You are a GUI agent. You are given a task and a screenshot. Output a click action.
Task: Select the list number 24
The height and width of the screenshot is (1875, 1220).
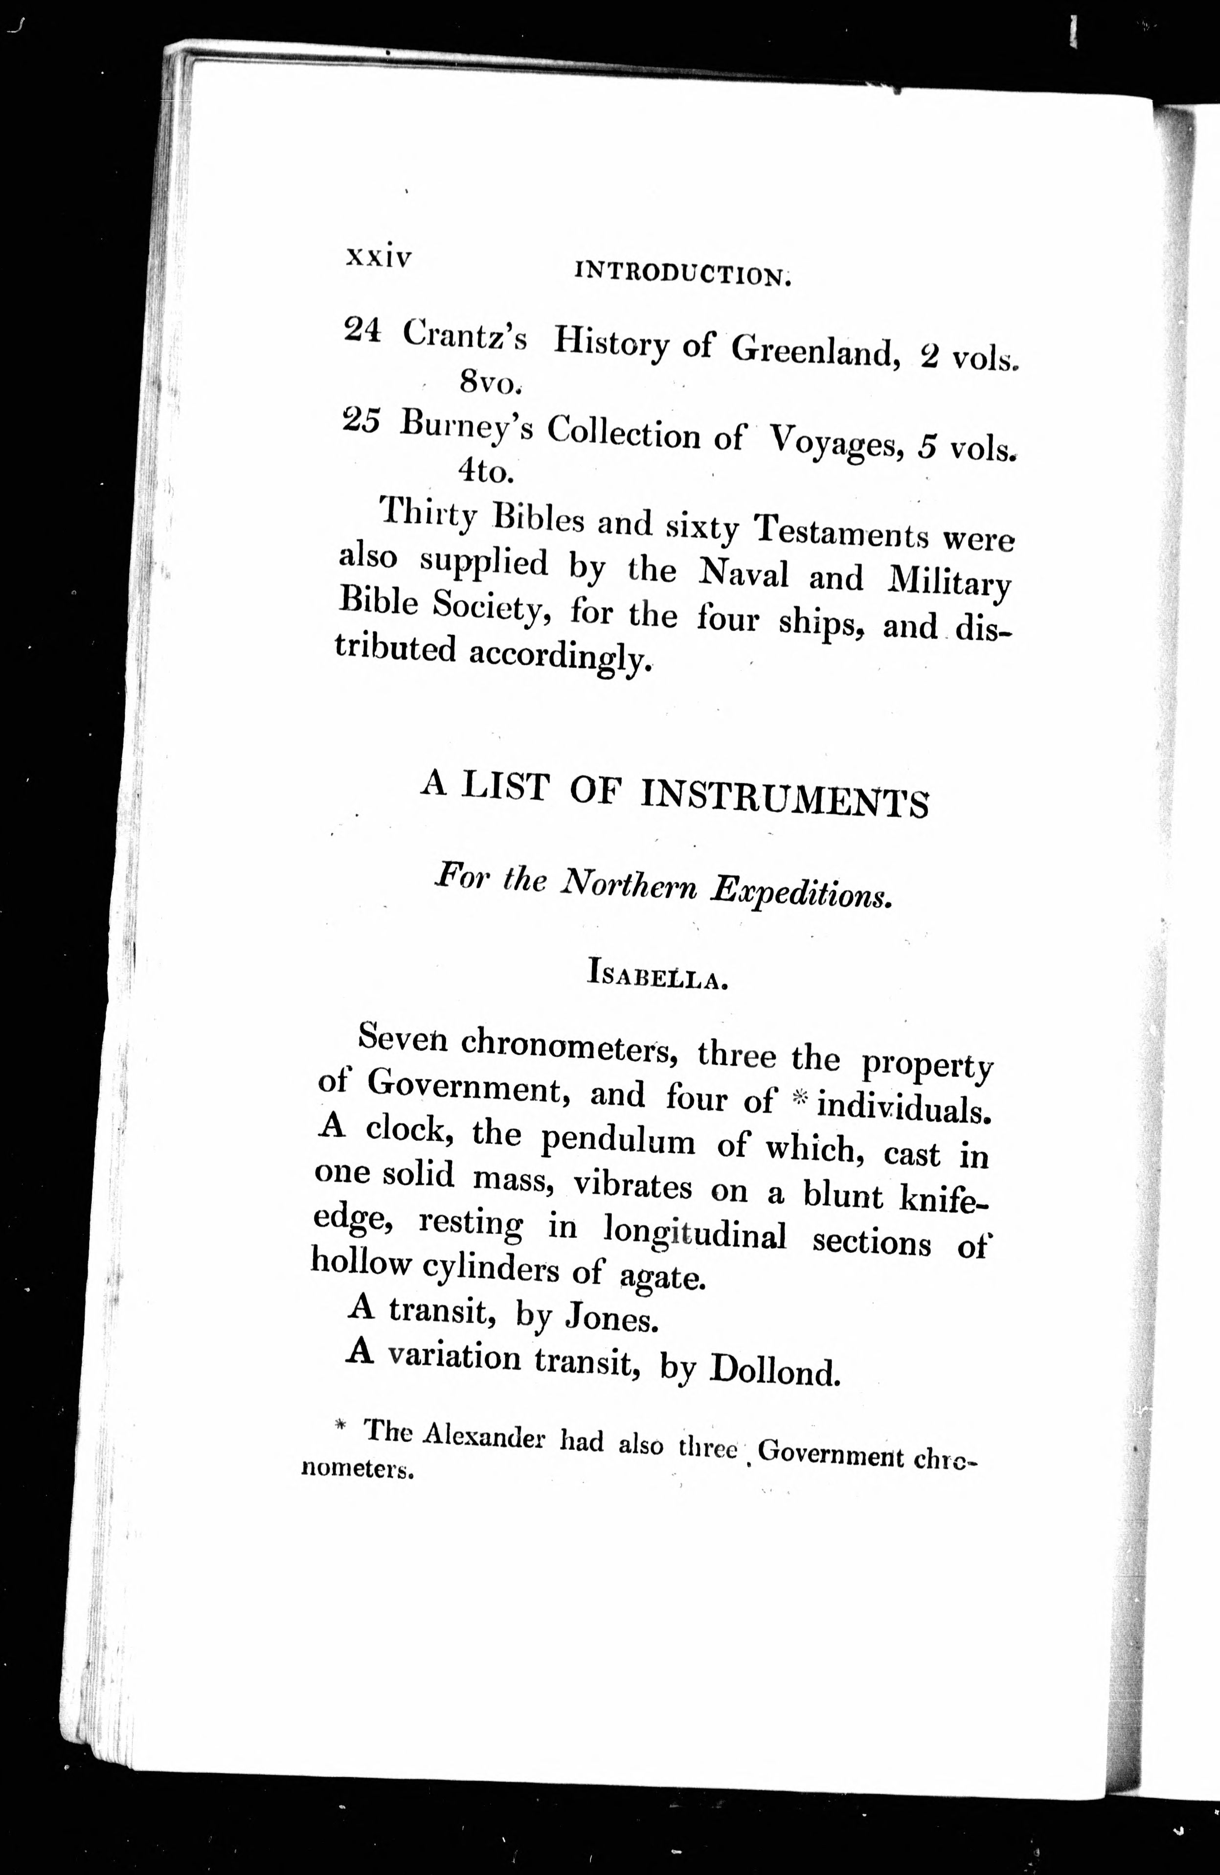[x=362, y=331]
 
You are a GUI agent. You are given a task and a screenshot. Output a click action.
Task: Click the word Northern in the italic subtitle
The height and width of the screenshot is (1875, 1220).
[x=629, y=886]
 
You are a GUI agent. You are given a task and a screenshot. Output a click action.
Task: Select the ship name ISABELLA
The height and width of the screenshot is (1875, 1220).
[x=656, y=977]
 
